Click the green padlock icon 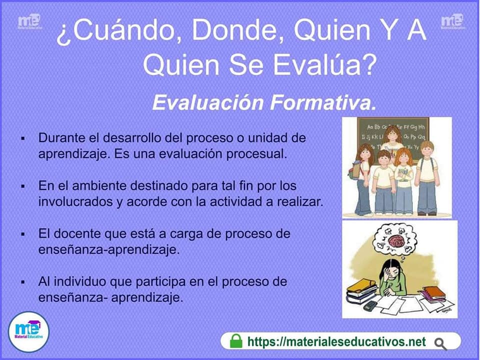click(235, 340)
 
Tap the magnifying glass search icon click(440, 344)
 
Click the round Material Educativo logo click(28, 331)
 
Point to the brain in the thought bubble click(396, 240)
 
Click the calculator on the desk click(370, 305)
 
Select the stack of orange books click(433, 294)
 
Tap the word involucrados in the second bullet click(75, 201)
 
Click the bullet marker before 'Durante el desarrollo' click(22, 138)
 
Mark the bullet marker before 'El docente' click(22, 234)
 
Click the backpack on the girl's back click(354, 170)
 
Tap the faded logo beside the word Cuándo click(29, 21)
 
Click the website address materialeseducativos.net click(336, 341)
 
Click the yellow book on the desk click(361, 285)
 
